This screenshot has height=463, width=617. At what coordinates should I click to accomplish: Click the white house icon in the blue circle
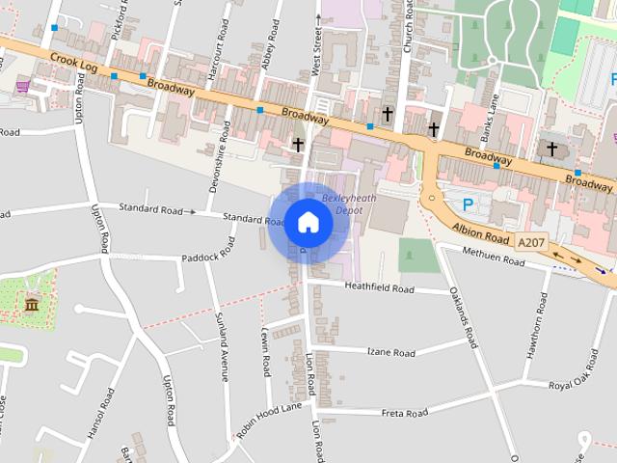pyautogui.click(x=308, y=223)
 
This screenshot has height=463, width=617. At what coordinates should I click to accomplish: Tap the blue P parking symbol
pyautogui.click(x=469, y=204)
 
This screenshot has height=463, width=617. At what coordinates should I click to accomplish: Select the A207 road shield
pyautogui.click(x=530, y=241)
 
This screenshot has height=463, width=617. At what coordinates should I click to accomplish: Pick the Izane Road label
pyautogui.click(x=390, y=351)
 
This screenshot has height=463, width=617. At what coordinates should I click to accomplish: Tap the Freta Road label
pyautogui.click(x=404, y=413)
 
